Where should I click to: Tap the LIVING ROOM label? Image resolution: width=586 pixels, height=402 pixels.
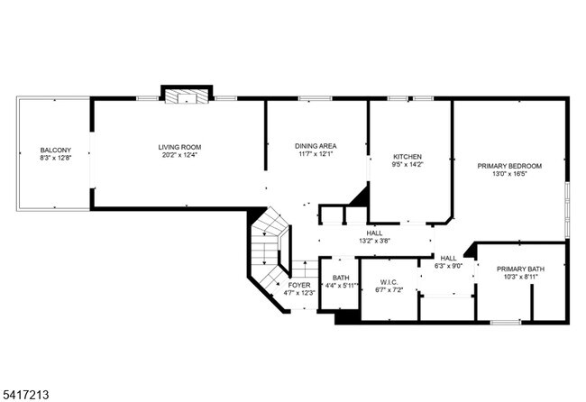coord(179,147)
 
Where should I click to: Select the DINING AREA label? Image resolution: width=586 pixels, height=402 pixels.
coord(316,146)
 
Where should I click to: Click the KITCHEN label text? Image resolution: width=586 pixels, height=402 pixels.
coord(407,157)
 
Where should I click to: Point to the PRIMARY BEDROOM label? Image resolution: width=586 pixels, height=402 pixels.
coord(509,166)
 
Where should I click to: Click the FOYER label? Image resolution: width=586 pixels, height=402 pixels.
coord(299,285)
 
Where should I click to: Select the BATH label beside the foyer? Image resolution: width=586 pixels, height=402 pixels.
coord(341,278)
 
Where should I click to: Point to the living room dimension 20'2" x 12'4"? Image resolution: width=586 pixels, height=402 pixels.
coord(179,155)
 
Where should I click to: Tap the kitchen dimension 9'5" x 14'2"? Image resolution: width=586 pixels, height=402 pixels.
coord(407,165)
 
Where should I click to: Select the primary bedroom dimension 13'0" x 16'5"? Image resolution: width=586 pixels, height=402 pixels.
coord(509,174)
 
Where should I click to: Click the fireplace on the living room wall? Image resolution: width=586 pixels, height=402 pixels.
coord(186,95)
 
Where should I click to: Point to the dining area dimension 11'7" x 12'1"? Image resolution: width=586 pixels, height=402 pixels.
coord(316,154)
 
